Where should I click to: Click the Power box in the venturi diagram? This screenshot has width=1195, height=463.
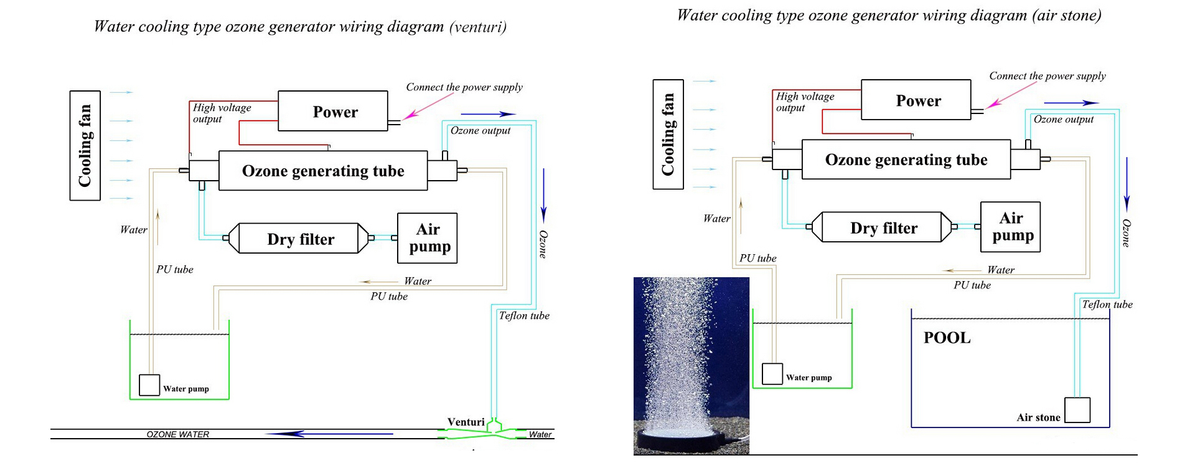(333, 111)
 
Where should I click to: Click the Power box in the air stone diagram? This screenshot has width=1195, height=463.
(916, 100)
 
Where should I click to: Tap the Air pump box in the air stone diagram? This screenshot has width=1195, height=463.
(1010, 227)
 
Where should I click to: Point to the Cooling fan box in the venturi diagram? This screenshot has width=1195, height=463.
(85, 145)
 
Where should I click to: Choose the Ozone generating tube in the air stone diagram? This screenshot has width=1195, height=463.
(906, 160)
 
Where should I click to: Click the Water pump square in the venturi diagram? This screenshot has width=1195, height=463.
(149, 385)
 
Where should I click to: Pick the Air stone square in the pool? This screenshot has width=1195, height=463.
(1077, 410)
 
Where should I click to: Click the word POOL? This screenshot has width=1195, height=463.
(947, 338)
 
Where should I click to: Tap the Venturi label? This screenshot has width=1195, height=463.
(466, 422)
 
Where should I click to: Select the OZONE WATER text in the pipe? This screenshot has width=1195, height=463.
(178, 434)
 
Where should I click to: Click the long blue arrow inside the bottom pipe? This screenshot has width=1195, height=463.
(329, 434)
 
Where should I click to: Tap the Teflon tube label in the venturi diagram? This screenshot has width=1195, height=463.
(524, 315)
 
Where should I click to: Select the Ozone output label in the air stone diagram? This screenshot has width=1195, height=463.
(1064, 119)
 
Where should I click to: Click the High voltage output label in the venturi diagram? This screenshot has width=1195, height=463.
(222, 113)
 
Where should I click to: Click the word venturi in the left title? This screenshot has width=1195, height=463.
(478, 27)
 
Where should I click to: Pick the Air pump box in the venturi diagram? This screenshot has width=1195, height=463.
(428, 238)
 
